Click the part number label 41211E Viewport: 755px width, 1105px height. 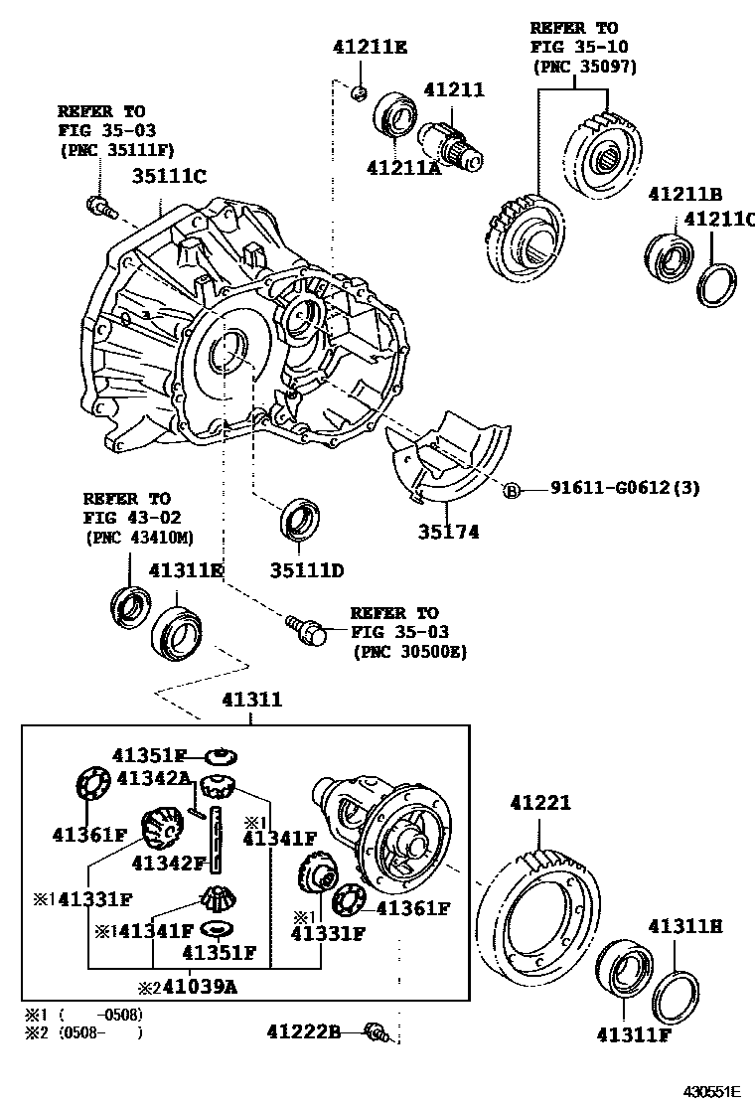click(x=370, y=47)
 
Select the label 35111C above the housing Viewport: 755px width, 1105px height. click(x=169, y=176)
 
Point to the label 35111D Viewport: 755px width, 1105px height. click(x=307, y=570)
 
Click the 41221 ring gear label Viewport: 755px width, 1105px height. click(x=540, y=802)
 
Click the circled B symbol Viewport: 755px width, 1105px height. click(x=512, y=490)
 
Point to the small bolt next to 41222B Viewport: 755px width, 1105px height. click(x=376, y=1032)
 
